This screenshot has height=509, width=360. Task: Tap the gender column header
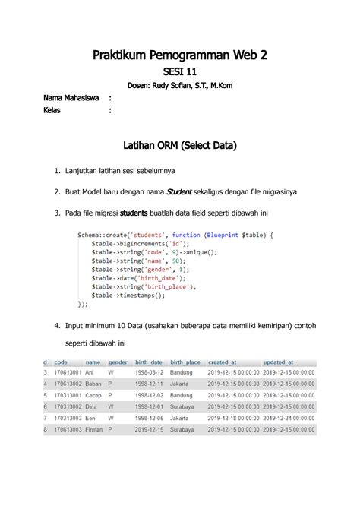[x=118, y=363]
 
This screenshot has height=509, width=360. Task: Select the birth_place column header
[x=185, y=363]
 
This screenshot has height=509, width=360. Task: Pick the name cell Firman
[x=95, y=429]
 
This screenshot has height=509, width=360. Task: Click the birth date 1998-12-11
[x=149, y=384]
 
